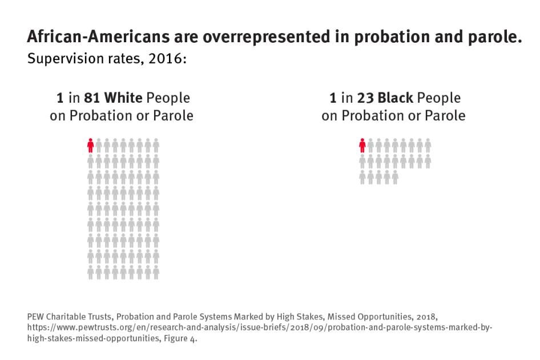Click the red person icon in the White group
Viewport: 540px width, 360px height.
90,145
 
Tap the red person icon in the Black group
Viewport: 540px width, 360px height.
362,145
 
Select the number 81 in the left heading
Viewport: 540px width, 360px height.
92,98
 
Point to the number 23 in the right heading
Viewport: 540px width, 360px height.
365,98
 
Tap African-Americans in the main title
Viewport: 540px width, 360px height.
96,38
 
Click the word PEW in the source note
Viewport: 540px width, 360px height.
35,315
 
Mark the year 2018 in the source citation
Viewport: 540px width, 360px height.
425,315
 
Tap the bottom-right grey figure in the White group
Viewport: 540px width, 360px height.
156,273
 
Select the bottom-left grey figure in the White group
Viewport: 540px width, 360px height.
90,273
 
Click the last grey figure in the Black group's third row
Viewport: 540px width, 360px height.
395,177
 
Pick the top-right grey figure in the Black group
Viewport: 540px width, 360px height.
428,145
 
